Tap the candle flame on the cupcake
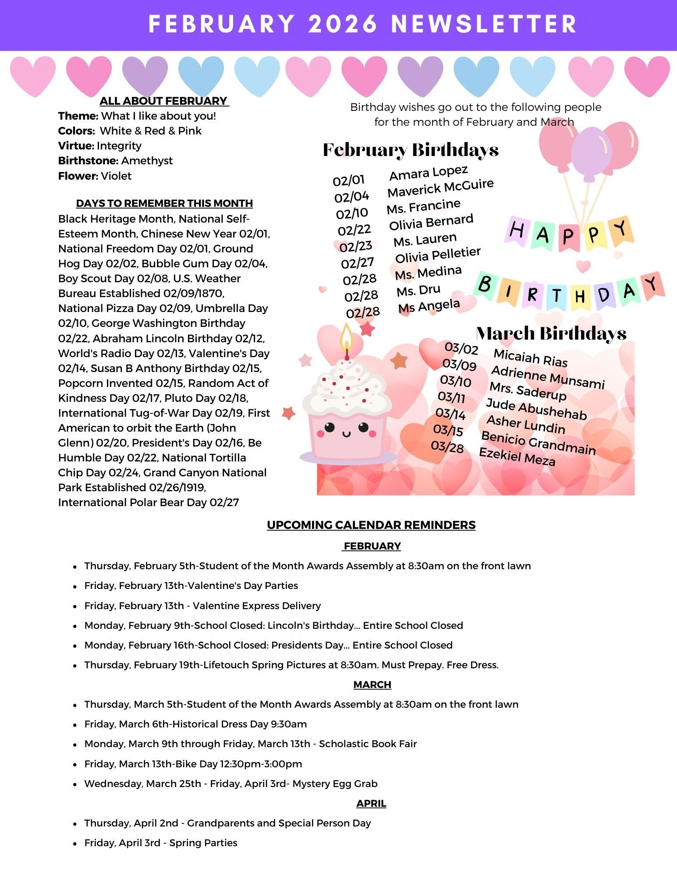coord(347,336)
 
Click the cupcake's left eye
coord(329,427)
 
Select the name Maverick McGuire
coord(440,188)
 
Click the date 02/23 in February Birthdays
coord(355,246)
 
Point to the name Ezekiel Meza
coord(517,457)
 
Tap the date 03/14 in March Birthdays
coord(450,414)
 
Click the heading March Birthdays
coord(551,333)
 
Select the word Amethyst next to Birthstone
coord(147,161)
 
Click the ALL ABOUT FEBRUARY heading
coord(164,101)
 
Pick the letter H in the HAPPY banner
coord(517,230)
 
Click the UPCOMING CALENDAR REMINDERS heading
coord(371,525)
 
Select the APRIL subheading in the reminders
coord(371,803)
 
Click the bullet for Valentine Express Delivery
coord(75,606)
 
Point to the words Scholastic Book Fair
coord(368,744)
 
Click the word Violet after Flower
coord(116,176)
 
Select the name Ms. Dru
coord(418,291)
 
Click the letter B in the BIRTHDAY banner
coord(485,284)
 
